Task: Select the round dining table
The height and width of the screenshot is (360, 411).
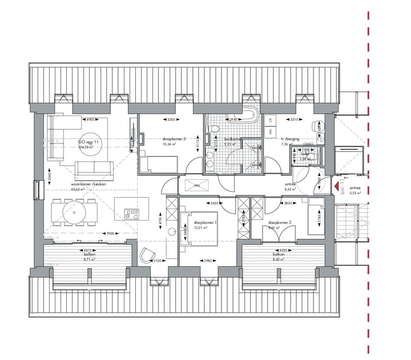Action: [74, 213]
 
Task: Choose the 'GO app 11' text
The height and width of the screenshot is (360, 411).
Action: [88, 141]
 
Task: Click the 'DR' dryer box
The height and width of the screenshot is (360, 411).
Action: [269, 119]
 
